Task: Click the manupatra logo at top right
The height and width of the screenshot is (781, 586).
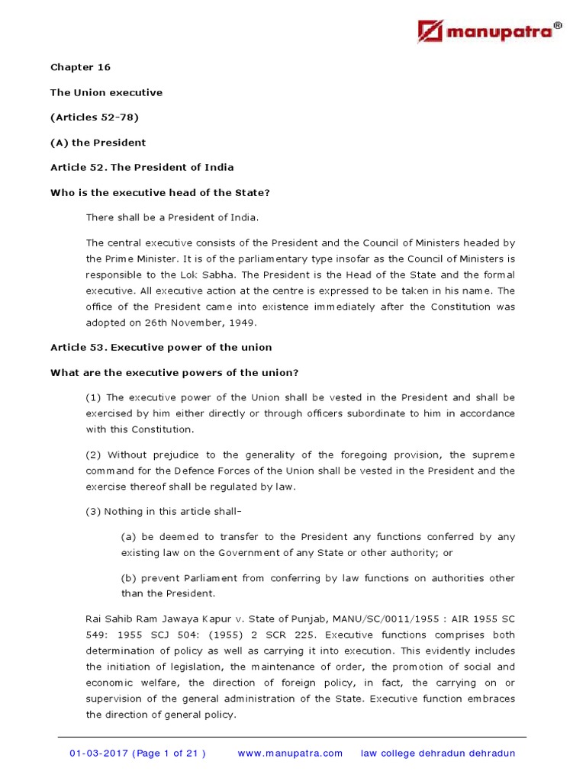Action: point(490,31)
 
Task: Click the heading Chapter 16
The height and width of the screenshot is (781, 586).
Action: point(80,67)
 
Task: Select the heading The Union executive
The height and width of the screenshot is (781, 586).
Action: point(106,92)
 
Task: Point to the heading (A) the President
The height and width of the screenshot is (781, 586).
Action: point(98,143)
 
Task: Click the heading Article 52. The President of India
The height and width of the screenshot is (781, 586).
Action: point(142,168)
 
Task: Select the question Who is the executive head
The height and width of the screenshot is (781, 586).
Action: point(160,193)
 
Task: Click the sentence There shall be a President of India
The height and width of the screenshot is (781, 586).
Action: point(172,218)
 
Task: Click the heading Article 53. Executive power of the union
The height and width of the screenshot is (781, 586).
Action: point(161,347)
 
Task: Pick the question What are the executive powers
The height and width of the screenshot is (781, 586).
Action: point(174,372)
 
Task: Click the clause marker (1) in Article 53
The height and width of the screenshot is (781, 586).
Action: point(94,397)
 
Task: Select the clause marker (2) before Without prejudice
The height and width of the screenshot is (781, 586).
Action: point(94,455)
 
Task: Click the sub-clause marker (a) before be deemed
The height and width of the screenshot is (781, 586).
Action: point(129,537)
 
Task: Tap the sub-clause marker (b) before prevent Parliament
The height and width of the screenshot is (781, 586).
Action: point(129,578)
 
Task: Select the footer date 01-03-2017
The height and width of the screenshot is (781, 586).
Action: point(98,754)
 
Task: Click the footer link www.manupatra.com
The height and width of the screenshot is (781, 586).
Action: point(290,754)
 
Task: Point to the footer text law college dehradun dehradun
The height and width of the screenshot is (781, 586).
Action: point(437,754)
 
